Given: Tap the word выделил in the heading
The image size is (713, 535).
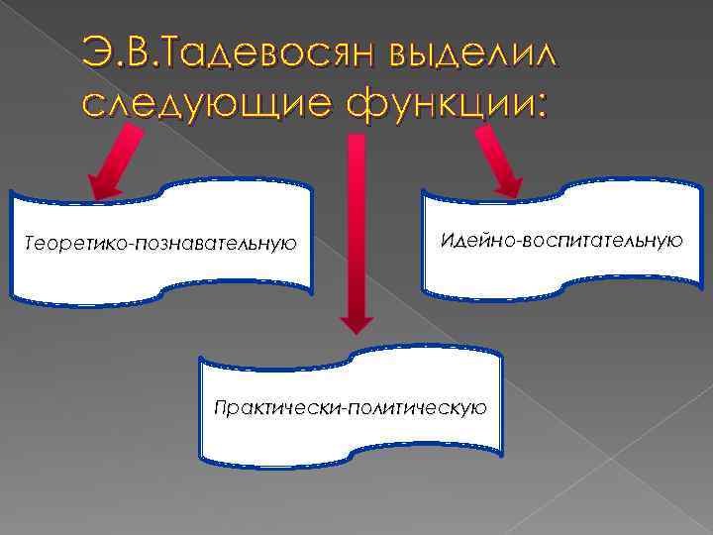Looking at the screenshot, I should [x=475, y=50].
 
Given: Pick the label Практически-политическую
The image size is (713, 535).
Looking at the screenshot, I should [x=351, y=407].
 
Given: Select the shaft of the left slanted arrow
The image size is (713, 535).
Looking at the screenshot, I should [x=129, y=149].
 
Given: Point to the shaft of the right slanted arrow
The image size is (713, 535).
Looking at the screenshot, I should [x=490, y=149].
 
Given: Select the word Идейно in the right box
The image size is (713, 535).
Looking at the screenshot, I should [x=471, y=240].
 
